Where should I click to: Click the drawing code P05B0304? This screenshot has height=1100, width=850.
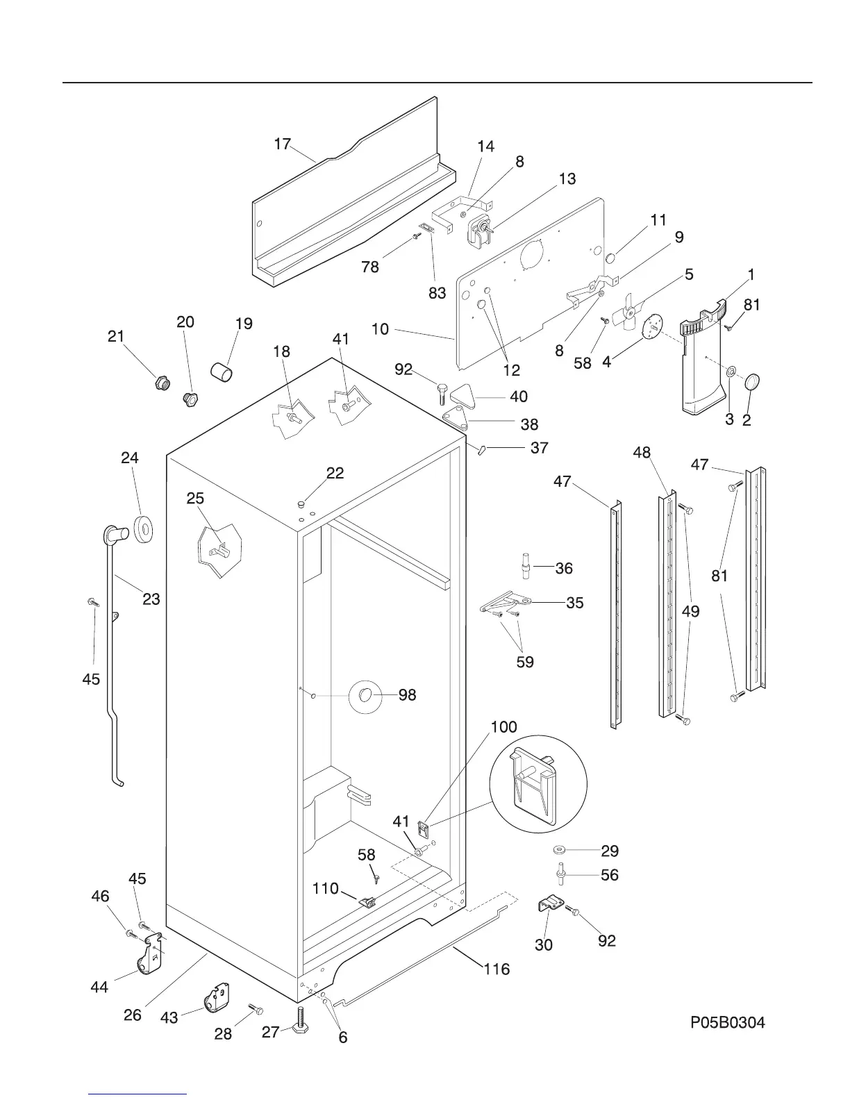click(x=727, y=1022)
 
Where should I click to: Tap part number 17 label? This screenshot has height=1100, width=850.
click(x=282, y=144)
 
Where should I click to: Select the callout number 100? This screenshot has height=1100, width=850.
click(x=504, y=726)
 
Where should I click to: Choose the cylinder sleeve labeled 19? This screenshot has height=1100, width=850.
click(x=222, y=369)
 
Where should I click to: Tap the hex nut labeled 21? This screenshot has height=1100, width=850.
click(x=162, y=381)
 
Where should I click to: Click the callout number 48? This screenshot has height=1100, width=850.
click(x=642, y=453)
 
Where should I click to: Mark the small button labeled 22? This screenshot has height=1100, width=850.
click(x=301, y=503)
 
